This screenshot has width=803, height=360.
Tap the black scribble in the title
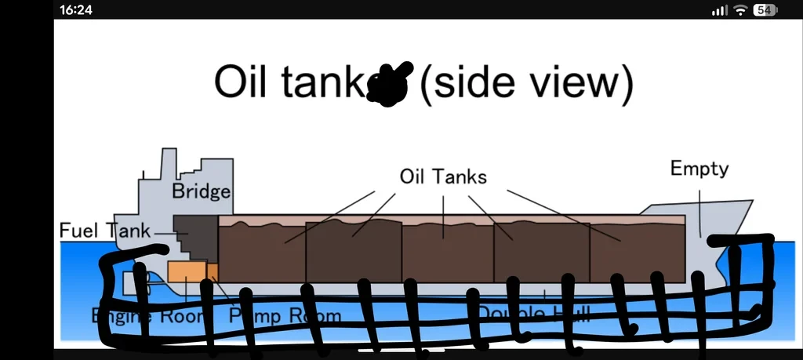pyautogui.click(x=390, y=83)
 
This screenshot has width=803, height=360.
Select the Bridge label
pyautogui.click(x=201, y=191)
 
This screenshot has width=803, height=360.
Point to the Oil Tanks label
pyautogui.click(x=443, y=176)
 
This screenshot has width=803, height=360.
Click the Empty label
pyautogui.click(x=699, y=168)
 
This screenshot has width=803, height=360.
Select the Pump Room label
pyautogui.click(x=285, y=316)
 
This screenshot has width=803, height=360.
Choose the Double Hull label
pyautogui.click(x=533, y=314)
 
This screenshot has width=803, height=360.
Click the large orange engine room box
pyautogui.click(x=187, y=271)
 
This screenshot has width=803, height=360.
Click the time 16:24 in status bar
pyautogui.click(x=76, y=9)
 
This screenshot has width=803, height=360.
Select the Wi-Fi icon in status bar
pyautogui.click(x=740, y=9)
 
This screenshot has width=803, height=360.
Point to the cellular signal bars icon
pyautogui.click(x=719, y=10)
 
